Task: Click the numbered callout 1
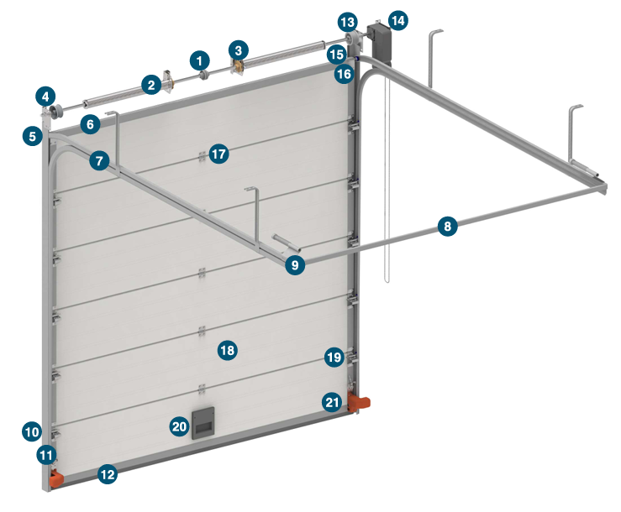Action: [199, 61]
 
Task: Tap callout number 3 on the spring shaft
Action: [239, 50]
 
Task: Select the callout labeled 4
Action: [45, 97]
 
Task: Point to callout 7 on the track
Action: [99, 160]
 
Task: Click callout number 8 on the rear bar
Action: [448, 226]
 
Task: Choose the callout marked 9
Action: [295, 264]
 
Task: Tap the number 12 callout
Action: [108, 474]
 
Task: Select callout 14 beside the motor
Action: [398, 21]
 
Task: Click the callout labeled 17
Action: [219, 154]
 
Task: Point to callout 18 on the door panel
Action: [228, 350]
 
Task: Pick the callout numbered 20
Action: [179, 426]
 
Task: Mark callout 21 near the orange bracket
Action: [332, 402]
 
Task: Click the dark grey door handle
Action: [203, 423]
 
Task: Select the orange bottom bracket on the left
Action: [55, 478]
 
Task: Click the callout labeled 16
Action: [344, 74]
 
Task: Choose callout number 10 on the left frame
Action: [32, 431]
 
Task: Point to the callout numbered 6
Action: [90, 124]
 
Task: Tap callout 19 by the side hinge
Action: [334, 358]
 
